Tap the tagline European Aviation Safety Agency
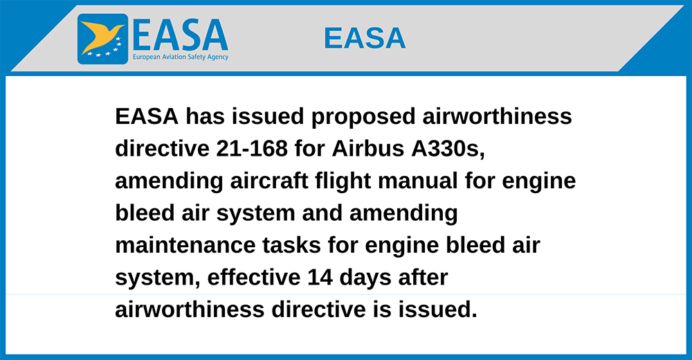[x=181, y=57]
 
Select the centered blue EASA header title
[x=365, y=38]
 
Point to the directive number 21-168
[x=252, y=148]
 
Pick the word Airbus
[x=368, y=148]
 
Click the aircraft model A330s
[x=448, y=148]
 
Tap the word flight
[x=343, y=181]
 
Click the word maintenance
[x=185, y=245]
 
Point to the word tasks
[x=291, y=245]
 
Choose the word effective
[x=254, y=278]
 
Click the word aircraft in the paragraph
[x=268, y=181]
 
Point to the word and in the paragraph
[x=322, y=213]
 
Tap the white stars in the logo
[x=105, y=49]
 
